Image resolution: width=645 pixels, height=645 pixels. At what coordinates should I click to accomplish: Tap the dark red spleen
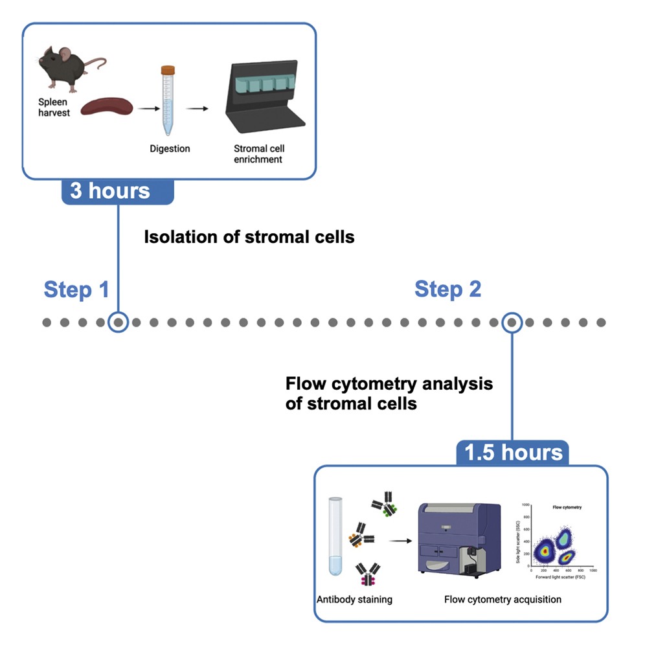107,106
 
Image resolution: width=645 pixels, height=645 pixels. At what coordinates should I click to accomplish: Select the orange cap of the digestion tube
168,69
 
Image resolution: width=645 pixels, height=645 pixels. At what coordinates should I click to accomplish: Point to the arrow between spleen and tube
148,107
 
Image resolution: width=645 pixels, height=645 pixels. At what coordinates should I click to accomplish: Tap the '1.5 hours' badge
514,451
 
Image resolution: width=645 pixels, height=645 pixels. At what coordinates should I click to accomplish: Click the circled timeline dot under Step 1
118,322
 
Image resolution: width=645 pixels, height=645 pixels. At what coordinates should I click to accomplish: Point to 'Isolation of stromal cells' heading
249,237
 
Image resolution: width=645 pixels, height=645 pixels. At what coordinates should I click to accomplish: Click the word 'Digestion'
169,148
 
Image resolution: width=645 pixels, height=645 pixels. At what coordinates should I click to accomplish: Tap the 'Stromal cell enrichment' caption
258,153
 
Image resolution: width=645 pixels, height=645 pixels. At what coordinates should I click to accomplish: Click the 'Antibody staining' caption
354,599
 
